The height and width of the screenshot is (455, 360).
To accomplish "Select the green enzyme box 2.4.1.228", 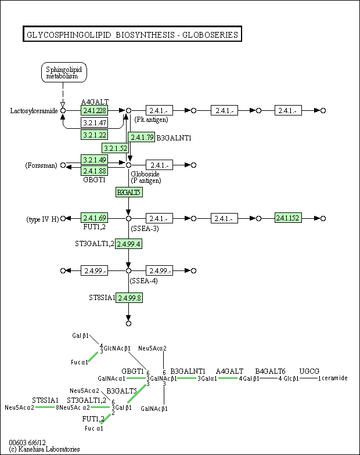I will pyautogui.click(x=94, y=110).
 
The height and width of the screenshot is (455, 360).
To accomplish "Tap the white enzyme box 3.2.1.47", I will pyautogui.click(x=94, y=122).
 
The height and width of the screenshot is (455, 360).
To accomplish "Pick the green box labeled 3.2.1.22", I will pyautogui.click(x=94, y=135).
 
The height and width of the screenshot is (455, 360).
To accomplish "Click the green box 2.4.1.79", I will pyautogui.click(x=142, y=138).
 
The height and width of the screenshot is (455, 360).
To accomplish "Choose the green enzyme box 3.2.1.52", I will pyautogui.click(x=115, y=148).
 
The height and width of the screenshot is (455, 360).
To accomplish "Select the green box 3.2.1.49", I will pyautogui.click(x=94, y=160).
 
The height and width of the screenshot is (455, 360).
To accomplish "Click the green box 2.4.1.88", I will pyautogui.click(x=94, y=171).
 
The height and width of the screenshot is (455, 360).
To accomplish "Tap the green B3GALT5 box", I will pyautogui.click(x=128, y=192).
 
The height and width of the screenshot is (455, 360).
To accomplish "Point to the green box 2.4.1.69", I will pyautogui.click(x=94, y=218).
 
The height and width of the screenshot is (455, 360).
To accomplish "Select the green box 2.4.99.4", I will pyautogui.click(x=129, y=244).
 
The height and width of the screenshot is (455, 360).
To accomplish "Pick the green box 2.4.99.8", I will pyautogui.click(x=129, y=298).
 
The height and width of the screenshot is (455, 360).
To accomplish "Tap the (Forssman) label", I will pyautogui.click(x=41, y=165).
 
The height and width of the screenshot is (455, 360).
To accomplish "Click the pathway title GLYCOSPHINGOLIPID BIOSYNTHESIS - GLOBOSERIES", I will pyautogui.click(x=132, y=35).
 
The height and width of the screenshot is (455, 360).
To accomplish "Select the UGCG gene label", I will pyautogui.click(x=309, y=371).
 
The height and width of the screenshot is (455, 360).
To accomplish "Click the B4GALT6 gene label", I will pyautogui.click(x=270, y=371).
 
